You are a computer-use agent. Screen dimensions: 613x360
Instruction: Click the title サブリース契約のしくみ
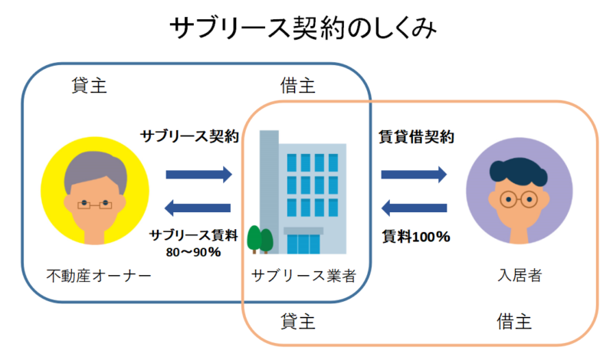(303, 28)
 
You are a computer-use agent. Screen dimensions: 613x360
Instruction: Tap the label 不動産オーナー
(99, 276)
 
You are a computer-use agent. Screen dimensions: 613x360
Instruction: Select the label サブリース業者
(303, 276)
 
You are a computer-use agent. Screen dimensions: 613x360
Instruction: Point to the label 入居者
(520, 275)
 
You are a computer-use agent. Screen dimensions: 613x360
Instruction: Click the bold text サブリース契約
(189, 136)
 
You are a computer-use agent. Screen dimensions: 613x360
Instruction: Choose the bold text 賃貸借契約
(416, 137)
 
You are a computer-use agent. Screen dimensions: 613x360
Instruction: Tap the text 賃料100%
(416, 237)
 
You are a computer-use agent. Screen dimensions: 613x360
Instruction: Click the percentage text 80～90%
(194, 252)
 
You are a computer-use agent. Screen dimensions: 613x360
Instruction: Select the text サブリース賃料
(194, 235)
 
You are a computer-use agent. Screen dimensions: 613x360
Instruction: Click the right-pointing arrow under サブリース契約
(199, 175)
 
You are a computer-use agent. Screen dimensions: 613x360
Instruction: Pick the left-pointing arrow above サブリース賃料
(198, 208)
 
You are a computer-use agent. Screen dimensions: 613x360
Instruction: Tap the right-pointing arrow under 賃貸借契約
(414, 175)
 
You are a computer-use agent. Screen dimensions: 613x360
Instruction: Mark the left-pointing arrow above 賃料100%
(414, 208)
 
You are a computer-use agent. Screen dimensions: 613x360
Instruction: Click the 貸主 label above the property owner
(89, 85)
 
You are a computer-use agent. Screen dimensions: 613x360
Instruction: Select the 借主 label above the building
(297, 85)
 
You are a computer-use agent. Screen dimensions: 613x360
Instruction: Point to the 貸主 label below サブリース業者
(298, 322)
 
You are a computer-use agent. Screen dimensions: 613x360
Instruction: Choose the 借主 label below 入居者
(514, 322)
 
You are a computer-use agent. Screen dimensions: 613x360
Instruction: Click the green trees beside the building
(260, 239)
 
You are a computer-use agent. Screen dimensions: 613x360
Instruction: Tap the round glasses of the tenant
(519, 199)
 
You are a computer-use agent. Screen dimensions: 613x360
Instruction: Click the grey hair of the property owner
(96, 166)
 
